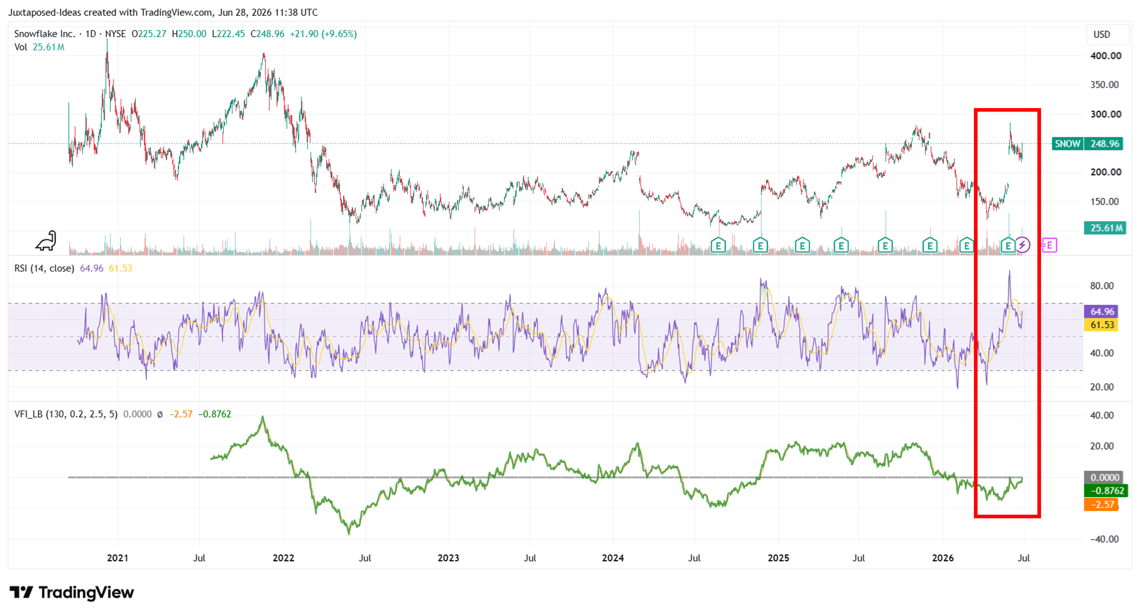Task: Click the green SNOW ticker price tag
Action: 1087,144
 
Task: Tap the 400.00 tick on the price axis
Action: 1106,56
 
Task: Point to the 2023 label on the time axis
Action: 448,558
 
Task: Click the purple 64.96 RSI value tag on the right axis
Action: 1101,311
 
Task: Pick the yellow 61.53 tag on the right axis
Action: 1101,325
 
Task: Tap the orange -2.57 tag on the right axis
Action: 1101,505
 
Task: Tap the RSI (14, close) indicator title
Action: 44,268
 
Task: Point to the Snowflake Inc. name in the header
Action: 44,34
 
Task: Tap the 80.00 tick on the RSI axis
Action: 1102,286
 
